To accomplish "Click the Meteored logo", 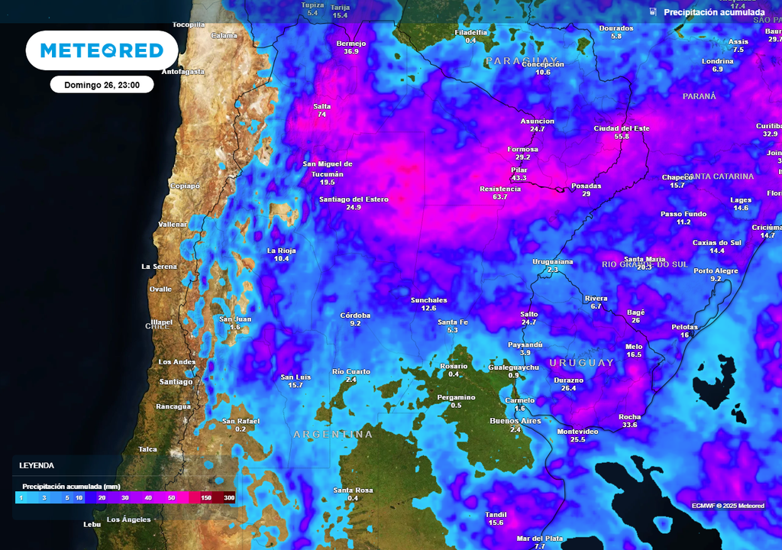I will coord(102,50).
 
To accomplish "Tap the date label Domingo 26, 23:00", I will coord(102,85).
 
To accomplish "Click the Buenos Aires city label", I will coord(515,421).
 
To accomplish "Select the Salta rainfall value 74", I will coord(322,115).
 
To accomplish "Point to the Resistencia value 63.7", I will coord(500,197).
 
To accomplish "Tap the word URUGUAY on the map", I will coord(581,363).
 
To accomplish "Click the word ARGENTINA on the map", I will coord(333,435).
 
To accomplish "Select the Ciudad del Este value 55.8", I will coord(622,137).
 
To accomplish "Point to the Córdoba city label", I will coord(355,315).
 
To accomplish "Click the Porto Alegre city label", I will coord(716,270).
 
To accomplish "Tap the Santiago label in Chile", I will coord(176,381).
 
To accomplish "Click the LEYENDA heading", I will coord(37,465).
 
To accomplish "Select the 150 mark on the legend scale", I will coord(206,497).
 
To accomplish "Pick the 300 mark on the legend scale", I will coord(228,497).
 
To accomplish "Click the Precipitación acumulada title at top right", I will coord(713,12).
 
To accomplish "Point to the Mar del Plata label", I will coord(539,538).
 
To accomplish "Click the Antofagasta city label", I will coord(183,71).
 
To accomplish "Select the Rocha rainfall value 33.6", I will coord(629,425).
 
